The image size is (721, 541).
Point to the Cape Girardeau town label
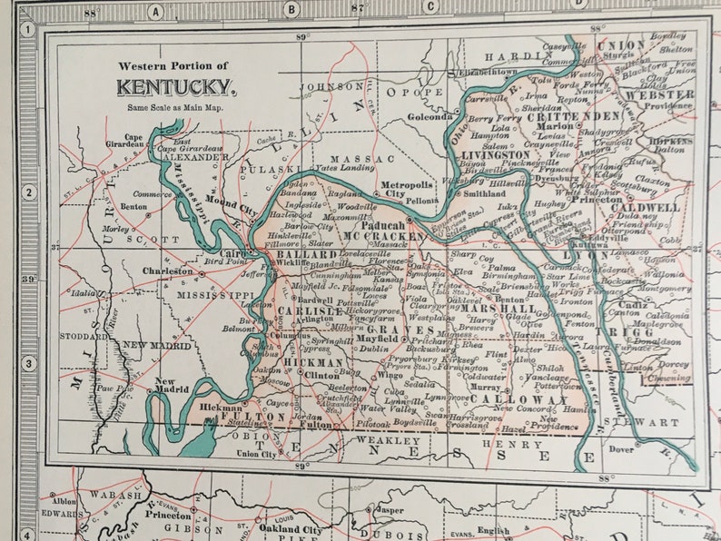click(x=133, y=141)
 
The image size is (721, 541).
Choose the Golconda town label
click(x=430, y=116)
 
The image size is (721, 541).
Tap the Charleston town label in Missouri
click(x=167, y=270)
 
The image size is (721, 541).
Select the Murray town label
click(x=484, y=387)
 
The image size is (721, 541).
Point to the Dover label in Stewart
click(x=621, y=448)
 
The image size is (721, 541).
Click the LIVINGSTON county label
click(x=495, y=155)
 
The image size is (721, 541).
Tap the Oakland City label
click(x=290, y=529)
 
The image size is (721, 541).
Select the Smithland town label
click(x=484, y=193)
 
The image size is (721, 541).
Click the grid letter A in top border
click(x=156, y=11)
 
